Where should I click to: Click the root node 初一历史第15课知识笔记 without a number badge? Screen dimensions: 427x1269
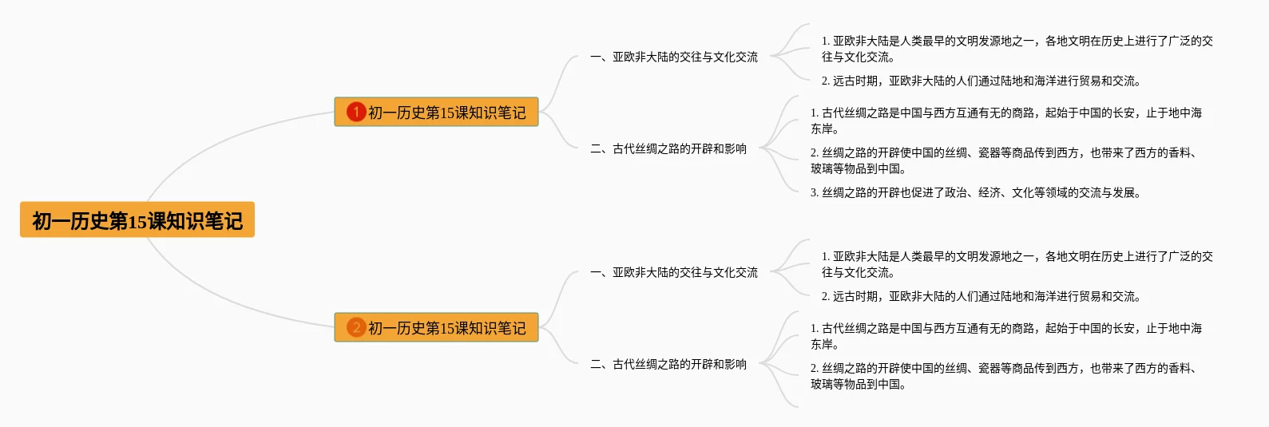(x=137, y=220)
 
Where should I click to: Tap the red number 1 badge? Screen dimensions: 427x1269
(x=355, y=113)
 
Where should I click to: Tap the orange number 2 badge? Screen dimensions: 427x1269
(x=355, y=328)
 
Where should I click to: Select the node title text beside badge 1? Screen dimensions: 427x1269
(x=446, y=113)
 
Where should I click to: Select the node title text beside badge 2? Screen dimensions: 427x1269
(x=446, y=328)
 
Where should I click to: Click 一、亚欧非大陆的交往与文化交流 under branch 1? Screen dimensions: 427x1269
(x=673, y=57)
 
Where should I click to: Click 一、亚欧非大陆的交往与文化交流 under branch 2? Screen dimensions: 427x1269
(x=673, y=272)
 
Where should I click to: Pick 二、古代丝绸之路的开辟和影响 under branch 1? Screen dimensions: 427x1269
(x=668, y=148)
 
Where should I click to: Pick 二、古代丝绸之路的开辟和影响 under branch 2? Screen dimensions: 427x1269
(x=668, y=364)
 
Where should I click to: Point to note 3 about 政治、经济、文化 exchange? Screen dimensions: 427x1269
(x=975, y=192)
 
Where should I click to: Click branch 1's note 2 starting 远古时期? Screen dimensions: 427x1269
(x=981, y=81)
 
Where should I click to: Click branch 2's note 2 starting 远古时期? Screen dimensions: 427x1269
(x=981, y=296)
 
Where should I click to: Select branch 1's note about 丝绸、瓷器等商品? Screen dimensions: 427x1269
(x=1002, y=160)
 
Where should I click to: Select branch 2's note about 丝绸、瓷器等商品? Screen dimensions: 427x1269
(x=1002, y=376)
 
